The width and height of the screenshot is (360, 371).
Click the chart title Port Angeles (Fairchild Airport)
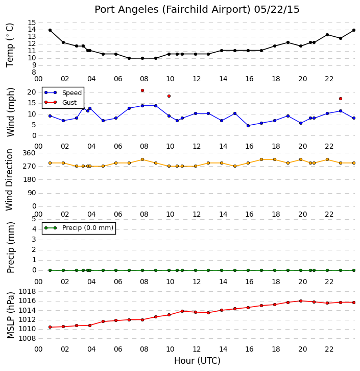click(x=172, y=10)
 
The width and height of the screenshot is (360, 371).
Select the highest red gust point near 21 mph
click(x=142, y=90)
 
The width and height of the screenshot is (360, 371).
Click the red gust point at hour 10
click(x=169, y=96)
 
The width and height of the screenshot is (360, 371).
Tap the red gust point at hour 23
click(x=341, y=99)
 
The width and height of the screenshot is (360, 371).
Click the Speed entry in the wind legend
click(x=63, y=93)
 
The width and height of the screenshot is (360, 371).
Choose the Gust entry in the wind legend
click(x=61, y=102)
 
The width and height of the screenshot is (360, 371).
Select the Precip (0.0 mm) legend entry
click(x=79, y=228)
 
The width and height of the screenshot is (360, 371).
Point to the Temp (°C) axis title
click(x=10, y=45)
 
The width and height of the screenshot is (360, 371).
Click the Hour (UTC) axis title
click(x=197, y=361)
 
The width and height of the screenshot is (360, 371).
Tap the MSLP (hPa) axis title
click(x=10, y=315)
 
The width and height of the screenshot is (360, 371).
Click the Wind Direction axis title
click(x=9, y=180)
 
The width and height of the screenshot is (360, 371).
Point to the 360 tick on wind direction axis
click(x=29, y=153)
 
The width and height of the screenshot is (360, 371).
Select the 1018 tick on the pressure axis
click(x=27, y=291)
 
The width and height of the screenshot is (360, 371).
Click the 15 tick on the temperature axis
click(x=32, y=22)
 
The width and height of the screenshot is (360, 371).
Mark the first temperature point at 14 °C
click(x=50, y=30)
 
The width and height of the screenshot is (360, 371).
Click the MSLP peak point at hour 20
click(x=301, y=301)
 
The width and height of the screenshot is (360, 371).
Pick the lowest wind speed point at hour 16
click(x=248, y=126)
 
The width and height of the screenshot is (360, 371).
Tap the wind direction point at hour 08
click(x=142, y=160)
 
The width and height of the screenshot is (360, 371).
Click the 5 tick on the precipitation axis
click(x=34, y=219)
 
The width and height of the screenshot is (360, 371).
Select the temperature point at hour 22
click(x=327, y=35)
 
